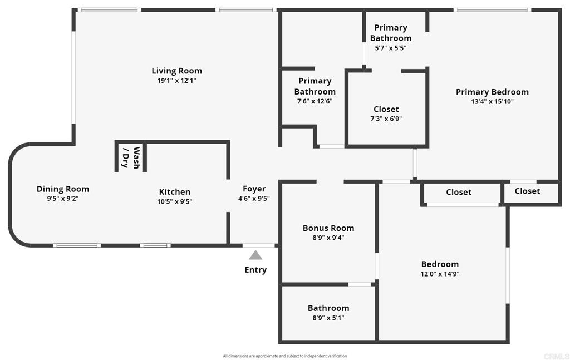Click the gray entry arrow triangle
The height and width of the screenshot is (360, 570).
pos(255,255)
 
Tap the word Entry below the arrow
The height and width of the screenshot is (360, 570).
pos(255,270)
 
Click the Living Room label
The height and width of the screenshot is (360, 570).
pos(176,71)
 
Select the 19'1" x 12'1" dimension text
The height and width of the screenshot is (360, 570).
pos(176,81)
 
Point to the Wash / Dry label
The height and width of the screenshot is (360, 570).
pos(131,157)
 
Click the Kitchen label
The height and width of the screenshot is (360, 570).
pos(174,192)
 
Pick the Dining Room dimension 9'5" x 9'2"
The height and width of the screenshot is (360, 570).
pos(63,199)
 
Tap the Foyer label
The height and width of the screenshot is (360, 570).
pos(254,189)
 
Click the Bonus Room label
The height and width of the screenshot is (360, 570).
pos(328,228)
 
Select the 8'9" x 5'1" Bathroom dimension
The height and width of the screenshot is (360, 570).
pos(328,318)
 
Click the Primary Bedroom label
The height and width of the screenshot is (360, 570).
pos(492,92)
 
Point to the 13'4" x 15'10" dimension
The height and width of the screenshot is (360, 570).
pos(492,102)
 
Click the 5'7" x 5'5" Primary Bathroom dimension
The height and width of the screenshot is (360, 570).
pos(390,48)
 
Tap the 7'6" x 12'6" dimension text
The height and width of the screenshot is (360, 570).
pos(315,101)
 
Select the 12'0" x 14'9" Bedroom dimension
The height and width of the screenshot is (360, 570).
pos(440,274)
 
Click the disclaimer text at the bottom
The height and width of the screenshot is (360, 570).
pos(285,356)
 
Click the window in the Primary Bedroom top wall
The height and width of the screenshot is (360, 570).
pos(492,10)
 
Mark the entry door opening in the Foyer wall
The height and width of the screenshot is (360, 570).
pos(258,245)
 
